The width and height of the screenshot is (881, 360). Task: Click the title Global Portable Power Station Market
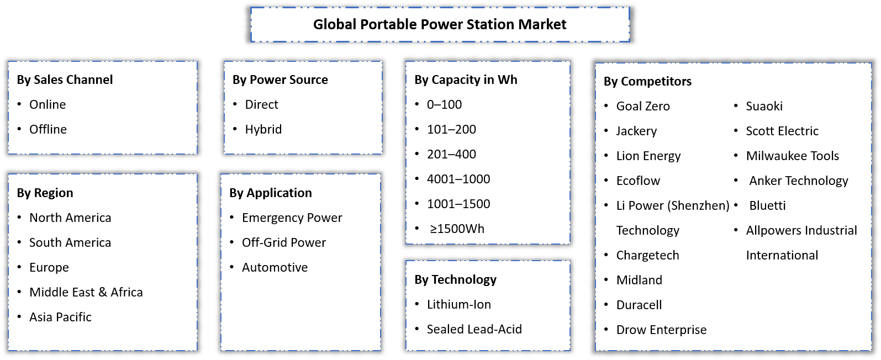click(440, 25)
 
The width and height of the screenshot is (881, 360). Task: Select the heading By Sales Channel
click(65, 80)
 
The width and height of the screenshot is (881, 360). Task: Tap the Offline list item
click(48, 129)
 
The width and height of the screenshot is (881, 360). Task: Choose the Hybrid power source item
click(263, 129)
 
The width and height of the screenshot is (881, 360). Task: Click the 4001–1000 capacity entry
click(458, 179)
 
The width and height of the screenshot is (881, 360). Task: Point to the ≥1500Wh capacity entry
click(457, 229)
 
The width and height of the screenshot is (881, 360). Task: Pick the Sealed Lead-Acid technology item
click(474, 329)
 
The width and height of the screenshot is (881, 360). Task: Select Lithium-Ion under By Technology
click(458, 304)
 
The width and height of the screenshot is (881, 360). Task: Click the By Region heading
click(45, 193)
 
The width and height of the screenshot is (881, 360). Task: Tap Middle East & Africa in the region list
click(86, 292)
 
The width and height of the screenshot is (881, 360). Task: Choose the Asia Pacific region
click(60, 317)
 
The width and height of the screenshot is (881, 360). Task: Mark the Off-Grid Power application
click(284, 242)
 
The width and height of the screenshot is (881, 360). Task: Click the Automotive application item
click(275, 267)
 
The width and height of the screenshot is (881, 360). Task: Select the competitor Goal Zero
click(643, 106)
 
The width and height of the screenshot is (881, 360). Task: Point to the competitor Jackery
click(636, 131)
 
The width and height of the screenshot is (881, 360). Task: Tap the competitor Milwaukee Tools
click(792, 156)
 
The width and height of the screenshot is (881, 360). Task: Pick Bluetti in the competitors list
click(767, 205)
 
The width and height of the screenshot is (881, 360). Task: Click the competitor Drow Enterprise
click(661, 330)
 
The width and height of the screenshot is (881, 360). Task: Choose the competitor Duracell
click(639, 305)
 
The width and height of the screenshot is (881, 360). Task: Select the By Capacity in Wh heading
click(466, 80)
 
